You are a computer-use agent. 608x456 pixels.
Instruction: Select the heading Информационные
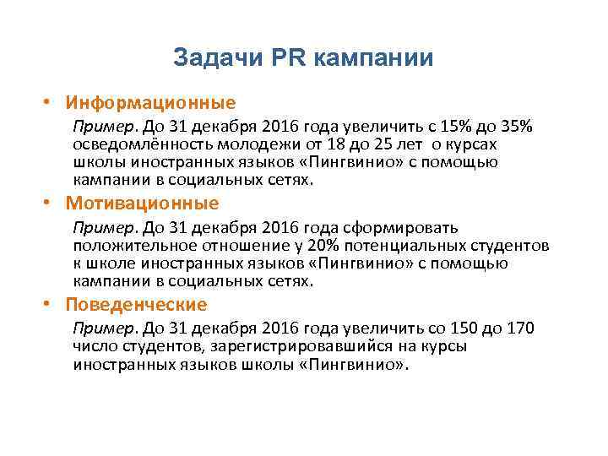click(x=152, y=103)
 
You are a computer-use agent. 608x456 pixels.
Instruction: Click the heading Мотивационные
click(x=144, y=204)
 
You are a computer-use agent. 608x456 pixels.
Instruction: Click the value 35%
click(x=515, y=127)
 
